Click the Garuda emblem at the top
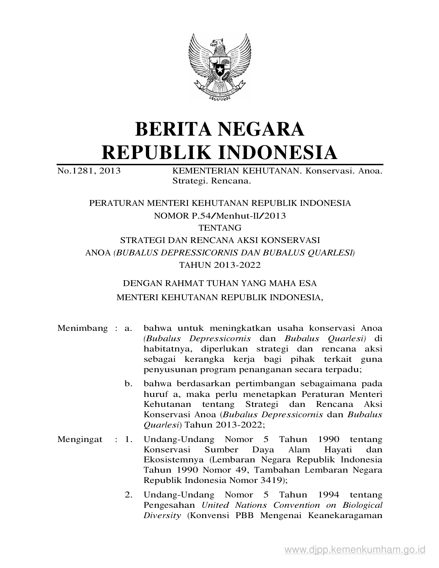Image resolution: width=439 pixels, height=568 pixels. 219,66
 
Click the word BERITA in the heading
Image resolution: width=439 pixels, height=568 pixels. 174,129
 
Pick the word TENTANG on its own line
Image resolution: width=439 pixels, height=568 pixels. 220,228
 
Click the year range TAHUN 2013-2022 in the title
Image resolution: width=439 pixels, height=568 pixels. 220,265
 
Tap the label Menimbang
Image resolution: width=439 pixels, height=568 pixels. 83,328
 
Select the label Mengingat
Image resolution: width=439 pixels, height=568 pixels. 80,439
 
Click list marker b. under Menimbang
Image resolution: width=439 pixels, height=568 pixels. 128,383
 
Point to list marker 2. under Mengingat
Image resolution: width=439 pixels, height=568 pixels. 128,495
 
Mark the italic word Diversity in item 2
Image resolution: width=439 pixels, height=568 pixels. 162,515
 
